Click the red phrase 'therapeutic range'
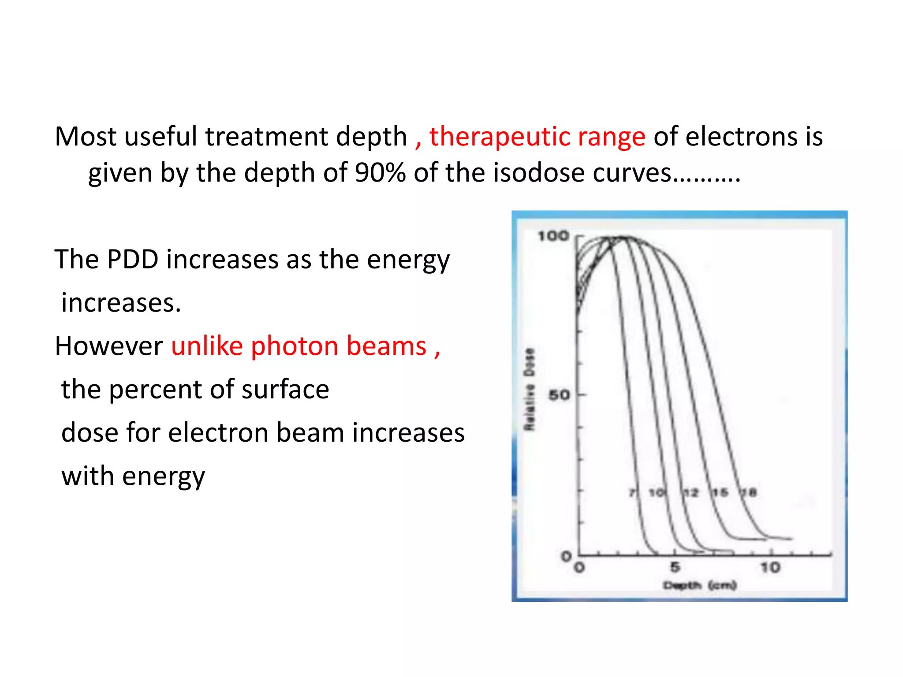pos(537,137)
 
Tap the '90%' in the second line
pos(380,172)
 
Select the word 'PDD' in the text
pos(133,259)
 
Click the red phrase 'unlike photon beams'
pos(299,346)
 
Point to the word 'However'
pos(109,346)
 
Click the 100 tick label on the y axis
pos(553,236)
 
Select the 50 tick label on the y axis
pos(559,395)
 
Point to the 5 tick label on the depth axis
pos(675,568)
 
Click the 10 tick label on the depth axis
pos(770,568)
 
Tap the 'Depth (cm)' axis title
pos(700,585)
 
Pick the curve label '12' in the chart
pos(690,493)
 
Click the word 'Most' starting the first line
pos(86,137)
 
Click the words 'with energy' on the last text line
pos(133,476)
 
